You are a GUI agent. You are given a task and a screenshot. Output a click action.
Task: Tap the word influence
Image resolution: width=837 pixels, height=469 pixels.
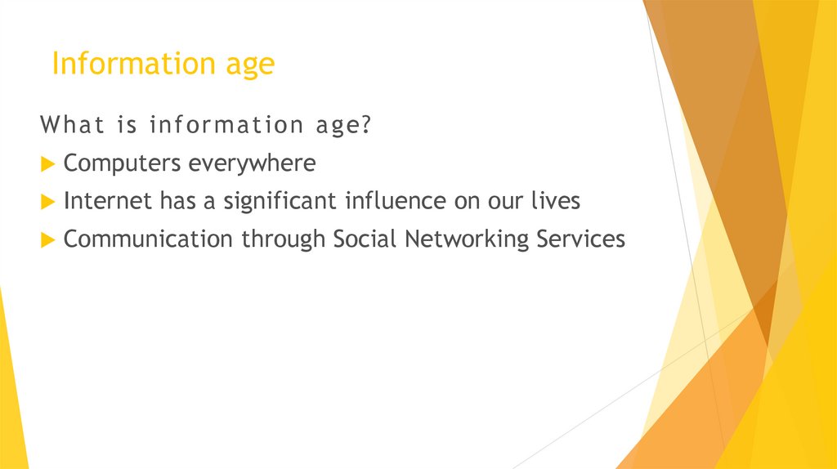click(396, 201)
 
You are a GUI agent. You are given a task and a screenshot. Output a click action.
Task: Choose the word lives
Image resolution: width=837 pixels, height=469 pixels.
click(555, 201)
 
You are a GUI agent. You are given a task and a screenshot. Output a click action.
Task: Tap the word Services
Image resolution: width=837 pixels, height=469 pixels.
click(581, 239)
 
